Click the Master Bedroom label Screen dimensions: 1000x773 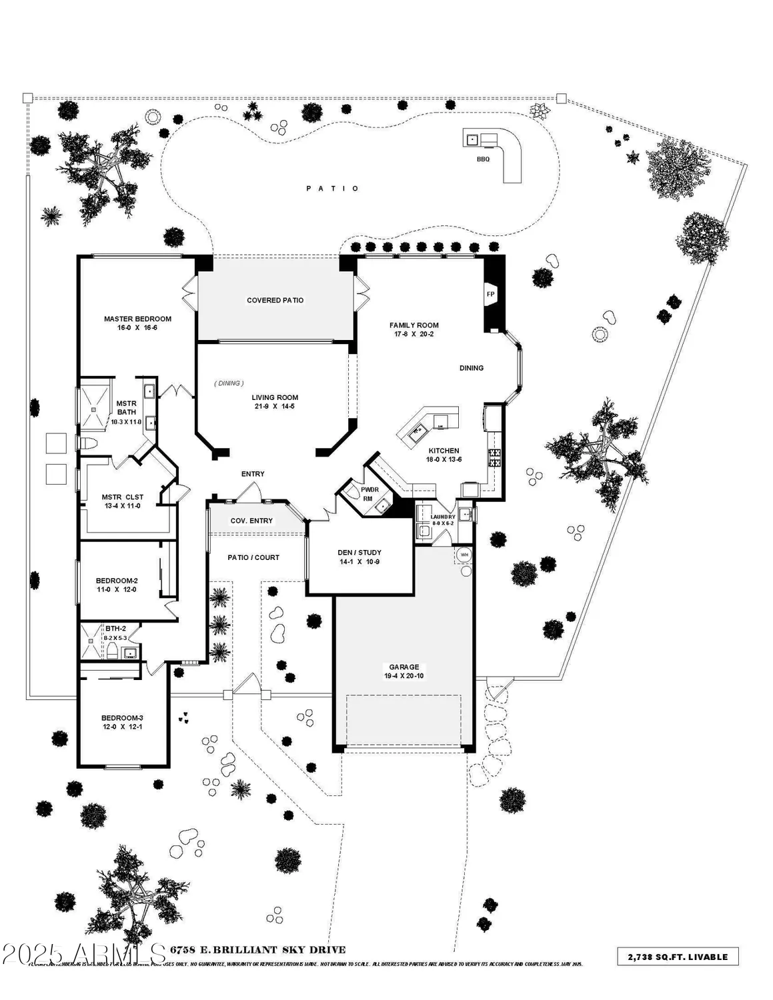[137, 319]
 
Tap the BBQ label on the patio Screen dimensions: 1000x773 [483, 159]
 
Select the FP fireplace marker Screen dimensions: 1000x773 [490, 294]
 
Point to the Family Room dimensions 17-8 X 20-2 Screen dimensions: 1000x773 [414, 334]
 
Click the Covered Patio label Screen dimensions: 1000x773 [275, 300]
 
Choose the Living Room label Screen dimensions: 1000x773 [275, 397]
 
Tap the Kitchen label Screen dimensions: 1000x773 [444, 451]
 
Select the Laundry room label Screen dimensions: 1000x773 [443, 517]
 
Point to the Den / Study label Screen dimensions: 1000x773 [359, 552]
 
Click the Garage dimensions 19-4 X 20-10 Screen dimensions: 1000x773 [404, 676]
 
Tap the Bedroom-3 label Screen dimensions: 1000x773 [122, 718]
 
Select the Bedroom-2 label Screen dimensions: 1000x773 [117, 581]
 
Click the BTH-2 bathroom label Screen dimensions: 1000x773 [115, 628]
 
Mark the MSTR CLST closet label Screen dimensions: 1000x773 [122, 497]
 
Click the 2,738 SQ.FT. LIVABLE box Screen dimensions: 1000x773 [678, 956]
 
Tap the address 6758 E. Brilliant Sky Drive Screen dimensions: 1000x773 [258, 949]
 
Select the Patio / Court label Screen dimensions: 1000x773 [253, 557]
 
